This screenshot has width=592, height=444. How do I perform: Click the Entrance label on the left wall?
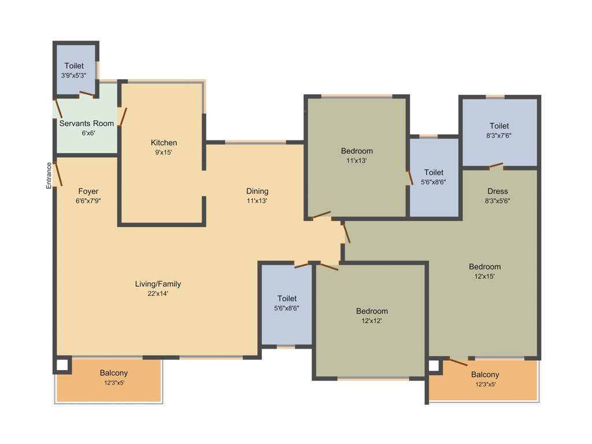pos(49,175)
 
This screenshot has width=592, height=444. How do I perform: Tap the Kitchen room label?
pos(164,143)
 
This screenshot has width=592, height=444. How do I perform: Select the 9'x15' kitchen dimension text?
pos(164,153)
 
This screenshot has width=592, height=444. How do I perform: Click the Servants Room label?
pos(87,123)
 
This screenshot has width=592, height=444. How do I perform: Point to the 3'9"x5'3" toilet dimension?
pos(74,76)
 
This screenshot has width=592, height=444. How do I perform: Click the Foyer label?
pos(88,191)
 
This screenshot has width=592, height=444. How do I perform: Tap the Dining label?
pos(257,191)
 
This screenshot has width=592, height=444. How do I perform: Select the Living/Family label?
pos(158,284)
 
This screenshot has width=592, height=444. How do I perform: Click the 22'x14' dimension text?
pos(158,294)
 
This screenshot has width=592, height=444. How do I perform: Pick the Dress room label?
pos(498,191)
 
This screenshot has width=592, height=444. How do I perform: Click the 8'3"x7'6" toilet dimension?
pos(499,136)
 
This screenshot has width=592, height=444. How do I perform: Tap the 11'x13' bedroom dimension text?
pos(357,161)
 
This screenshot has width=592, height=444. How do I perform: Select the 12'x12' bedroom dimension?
pos(372,321)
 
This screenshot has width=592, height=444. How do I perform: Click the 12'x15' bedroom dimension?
pos(484,276)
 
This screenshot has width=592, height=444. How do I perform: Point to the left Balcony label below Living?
pos(113,373)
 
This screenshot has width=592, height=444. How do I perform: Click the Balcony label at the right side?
pos(484,375)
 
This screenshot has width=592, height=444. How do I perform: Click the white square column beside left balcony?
pos(62,365)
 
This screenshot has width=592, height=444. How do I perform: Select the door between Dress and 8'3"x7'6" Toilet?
pos(495,166)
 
